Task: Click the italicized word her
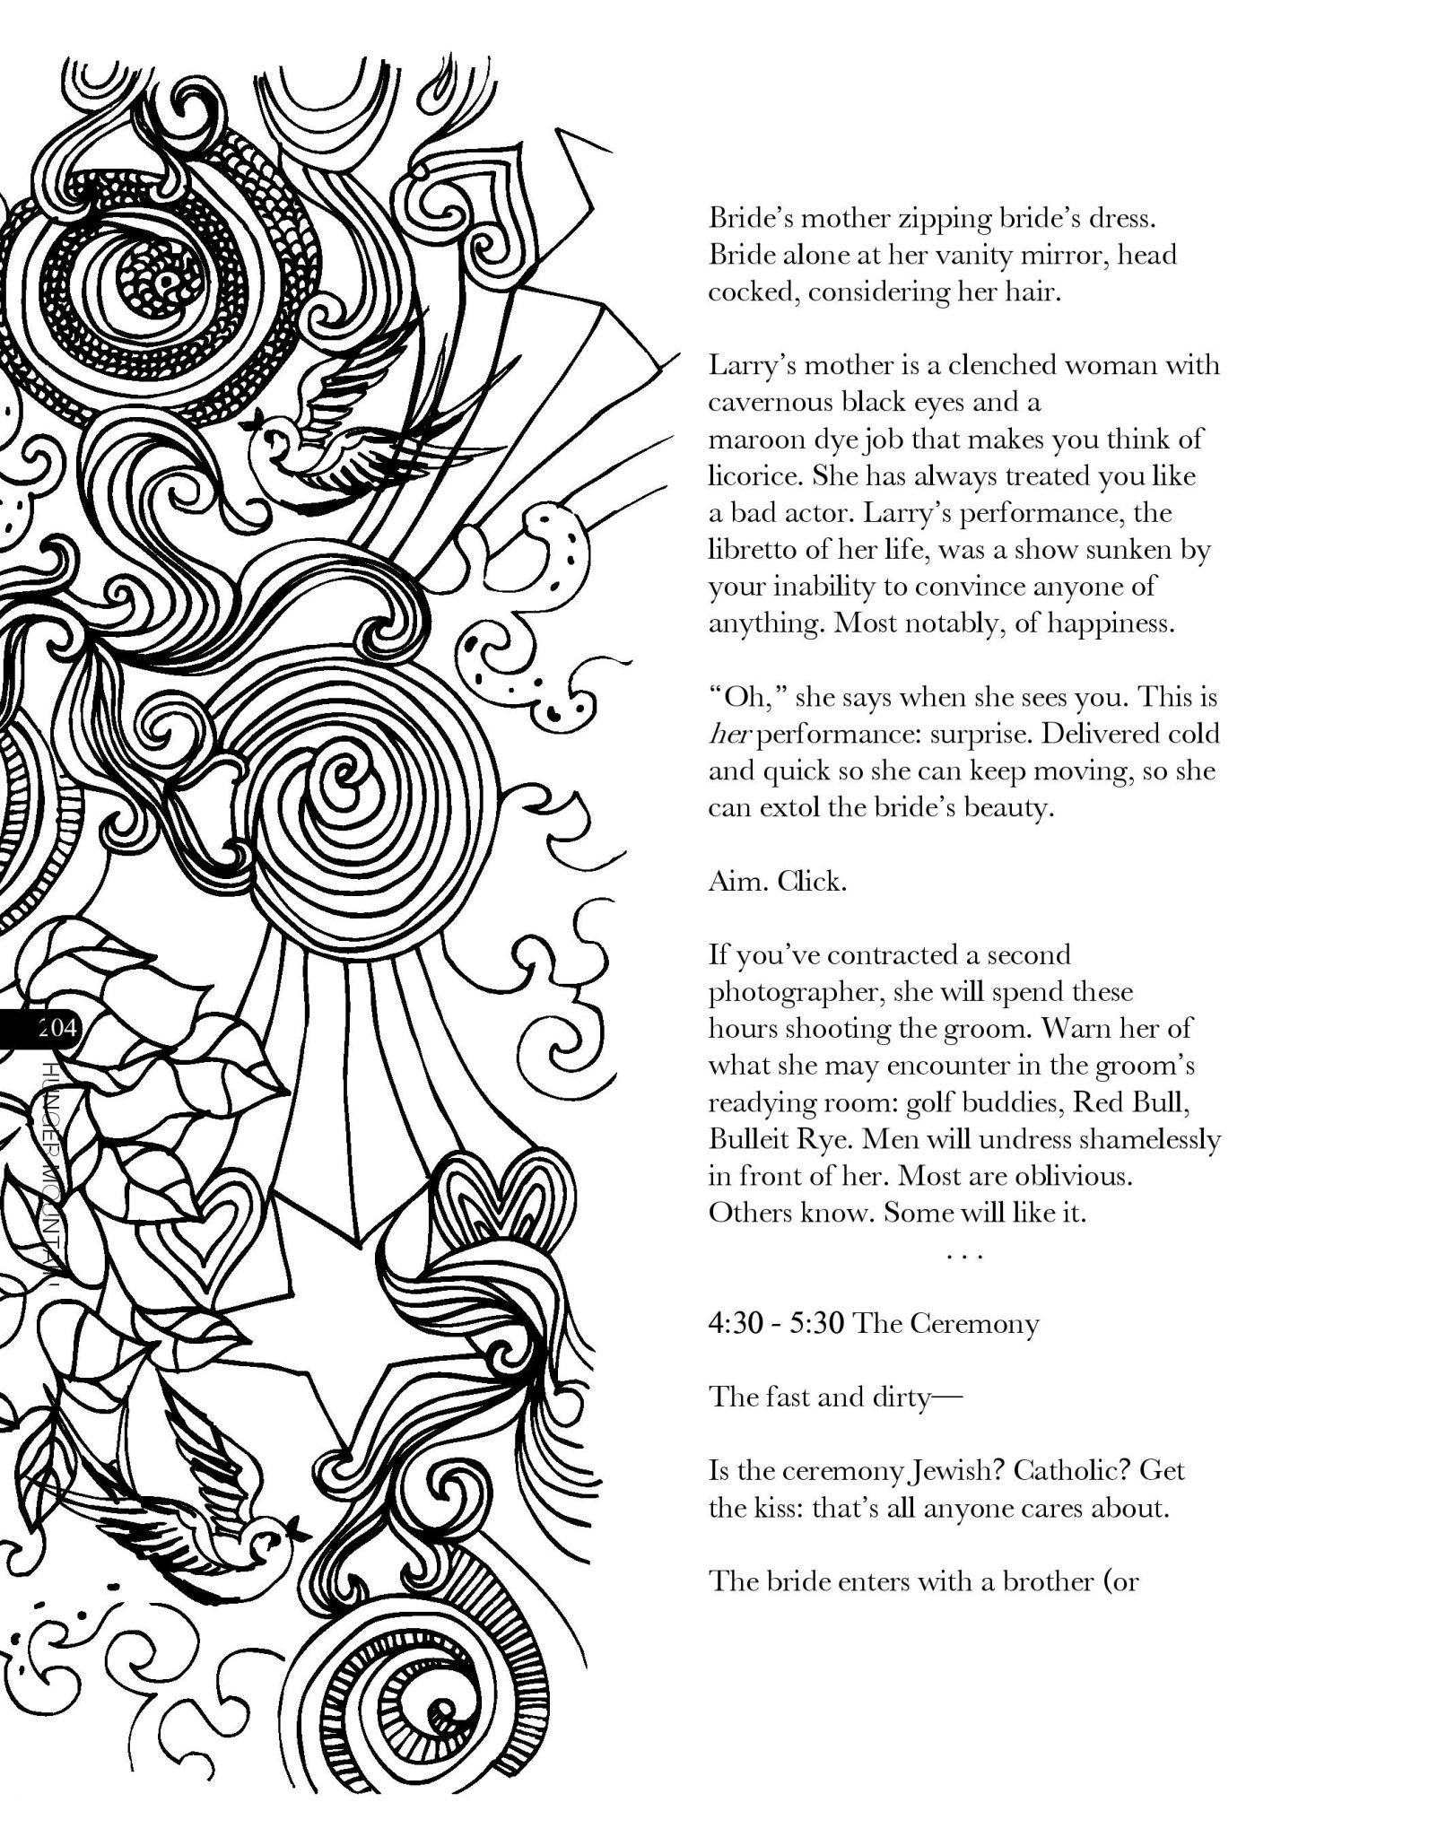pyautogui.click(x=725, y=735)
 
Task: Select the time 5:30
pyautogui.click(x=817, y=1323)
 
